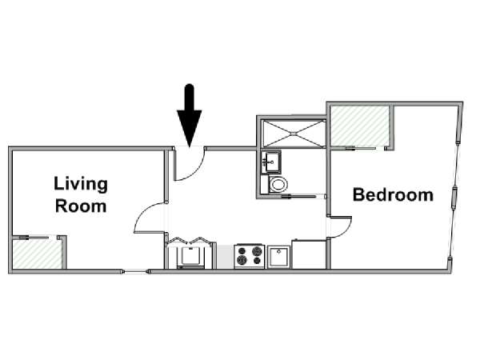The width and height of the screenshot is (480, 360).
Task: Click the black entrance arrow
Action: point(190,115)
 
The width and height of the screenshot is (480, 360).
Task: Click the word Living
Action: point(81,184)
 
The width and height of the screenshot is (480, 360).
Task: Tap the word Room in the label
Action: point(81,206)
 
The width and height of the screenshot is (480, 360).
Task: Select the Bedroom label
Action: point(393,194)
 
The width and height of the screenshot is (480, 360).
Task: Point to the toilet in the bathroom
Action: point(278,184)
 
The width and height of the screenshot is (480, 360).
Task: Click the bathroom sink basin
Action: point(270,162)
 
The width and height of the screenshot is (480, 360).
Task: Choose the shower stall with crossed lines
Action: point(294,133)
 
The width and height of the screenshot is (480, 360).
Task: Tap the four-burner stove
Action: point(249,256)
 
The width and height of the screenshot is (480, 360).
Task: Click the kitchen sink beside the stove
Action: point(278,257)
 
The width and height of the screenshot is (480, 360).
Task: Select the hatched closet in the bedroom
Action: point(360,126)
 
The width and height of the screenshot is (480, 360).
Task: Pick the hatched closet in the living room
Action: point(38,254)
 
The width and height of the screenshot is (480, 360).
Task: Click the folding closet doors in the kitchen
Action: point(190,241)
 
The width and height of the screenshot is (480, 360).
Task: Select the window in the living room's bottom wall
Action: point(135,271)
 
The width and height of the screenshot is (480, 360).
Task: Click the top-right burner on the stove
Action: point(256,251)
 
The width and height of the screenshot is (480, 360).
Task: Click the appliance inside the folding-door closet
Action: point(190,257)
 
